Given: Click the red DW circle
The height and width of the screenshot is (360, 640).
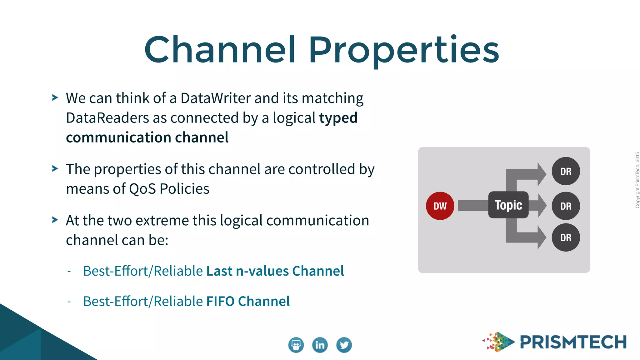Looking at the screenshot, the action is pos(440,206).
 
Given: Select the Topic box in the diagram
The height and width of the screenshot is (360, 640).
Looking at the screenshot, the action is pos(508,205).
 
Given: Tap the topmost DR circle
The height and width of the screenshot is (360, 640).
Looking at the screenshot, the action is pos(566,171).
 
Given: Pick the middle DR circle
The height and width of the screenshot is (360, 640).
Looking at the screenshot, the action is pos(566,206).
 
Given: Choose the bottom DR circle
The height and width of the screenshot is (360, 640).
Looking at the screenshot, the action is pos(566,237).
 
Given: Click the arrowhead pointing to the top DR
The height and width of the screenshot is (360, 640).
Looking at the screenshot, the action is pos(542,174).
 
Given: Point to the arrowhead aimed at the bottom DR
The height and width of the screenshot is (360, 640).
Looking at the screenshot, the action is pos(542,237).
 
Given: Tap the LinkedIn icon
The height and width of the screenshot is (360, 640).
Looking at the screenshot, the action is pos(320,345).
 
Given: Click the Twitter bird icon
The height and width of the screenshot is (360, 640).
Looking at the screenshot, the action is pos(344,345).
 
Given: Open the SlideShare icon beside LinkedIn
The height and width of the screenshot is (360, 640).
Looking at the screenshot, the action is pos(296,345).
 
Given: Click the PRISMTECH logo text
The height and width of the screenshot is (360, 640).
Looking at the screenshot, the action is pos(573,342).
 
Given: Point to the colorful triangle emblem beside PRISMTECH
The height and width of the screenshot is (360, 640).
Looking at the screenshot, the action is pos(498,342).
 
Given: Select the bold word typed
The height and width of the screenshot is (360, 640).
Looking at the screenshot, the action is pos(338,118).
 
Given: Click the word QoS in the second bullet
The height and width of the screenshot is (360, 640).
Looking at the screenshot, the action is pos(142,189).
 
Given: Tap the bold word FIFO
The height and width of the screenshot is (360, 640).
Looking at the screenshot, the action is pos(220,301).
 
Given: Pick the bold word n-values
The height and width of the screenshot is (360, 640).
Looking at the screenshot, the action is pos(262,271).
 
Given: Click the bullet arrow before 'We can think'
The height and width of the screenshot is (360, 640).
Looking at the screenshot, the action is pos(55,98).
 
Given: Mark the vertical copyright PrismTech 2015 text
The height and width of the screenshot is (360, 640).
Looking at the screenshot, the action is pos(637,180).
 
